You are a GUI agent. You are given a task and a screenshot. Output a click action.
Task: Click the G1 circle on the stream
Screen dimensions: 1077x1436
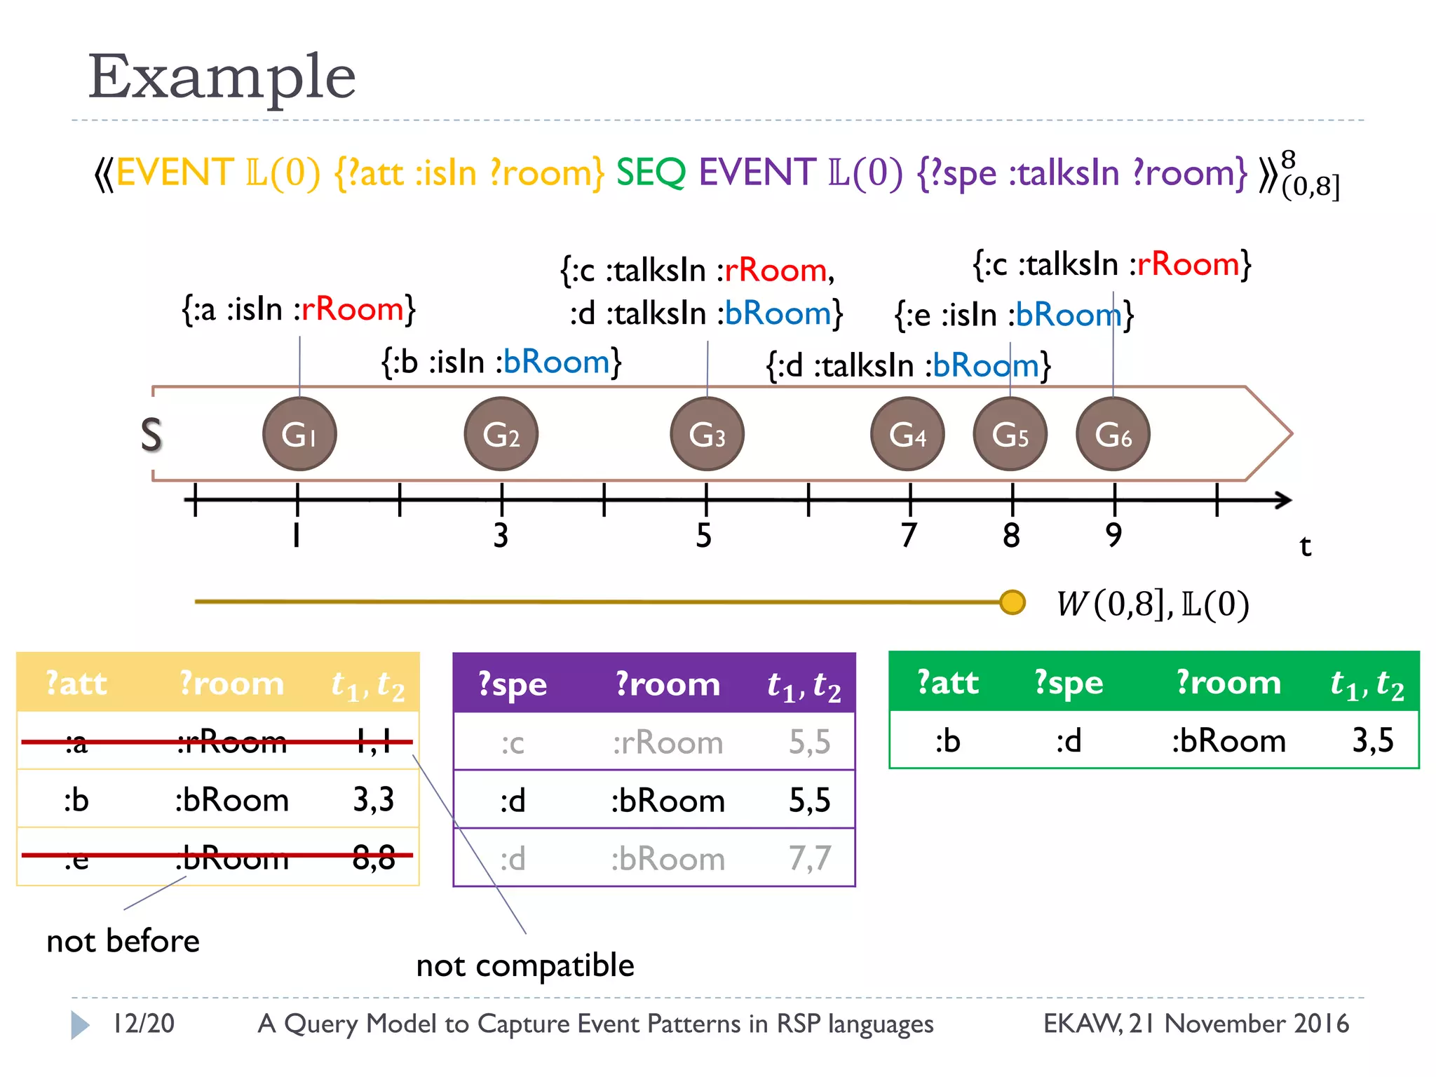click(299, 434)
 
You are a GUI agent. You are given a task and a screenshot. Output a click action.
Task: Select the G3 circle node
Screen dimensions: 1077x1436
click(707, 434)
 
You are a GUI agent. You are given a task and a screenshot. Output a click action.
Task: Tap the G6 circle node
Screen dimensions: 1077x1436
click(1113, 434)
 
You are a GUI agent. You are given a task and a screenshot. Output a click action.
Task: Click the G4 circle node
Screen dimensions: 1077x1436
click(907, 434)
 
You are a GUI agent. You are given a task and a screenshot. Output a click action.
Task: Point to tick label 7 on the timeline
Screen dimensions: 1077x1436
click(909, 536)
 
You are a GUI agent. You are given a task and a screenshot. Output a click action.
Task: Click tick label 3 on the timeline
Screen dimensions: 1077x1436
click(501, 536)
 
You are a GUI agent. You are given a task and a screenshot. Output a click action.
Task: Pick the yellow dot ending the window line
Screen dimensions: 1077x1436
click(1012, 602)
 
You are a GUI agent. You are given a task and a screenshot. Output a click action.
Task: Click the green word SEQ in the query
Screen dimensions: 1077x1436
click(651, 172)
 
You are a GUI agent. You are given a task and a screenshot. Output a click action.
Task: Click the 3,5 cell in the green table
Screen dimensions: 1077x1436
click(1372, 740)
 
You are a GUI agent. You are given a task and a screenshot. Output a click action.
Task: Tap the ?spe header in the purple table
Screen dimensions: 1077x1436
click(513, 684)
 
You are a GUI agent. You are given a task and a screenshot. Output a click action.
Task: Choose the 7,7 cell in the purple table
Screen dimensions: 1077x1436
click(810, 858)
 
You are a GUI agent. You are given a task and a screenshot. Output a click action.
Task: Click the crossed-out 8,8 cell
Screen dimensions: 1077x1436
click(373, 857)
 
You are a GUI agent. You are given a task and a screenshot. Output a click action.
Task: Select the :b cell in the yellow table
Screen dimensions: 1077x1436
click(76, 799)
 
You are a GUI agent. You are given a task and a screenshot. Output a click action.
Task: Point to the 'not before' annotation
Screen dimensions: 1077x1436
click(123, 941)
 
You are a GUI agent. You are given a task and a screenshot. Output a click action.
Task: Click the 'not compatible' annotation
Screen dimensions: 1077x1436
click(525, 966)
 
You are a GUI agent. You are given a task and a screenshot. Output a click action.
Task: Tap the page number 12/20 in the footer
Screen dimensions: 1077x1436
click(144, 1024)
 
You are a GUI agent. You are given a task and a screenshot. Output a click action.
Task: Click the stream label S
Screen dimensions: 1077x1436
click(151, 435)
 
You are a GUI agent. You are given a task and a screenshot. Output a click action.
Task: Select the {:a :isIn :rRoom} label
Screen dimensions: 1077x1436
click(299, 309)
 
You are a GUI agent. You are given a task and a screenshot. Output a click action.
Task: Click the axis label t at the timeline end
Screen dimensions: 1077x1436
click(1305, 546)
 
